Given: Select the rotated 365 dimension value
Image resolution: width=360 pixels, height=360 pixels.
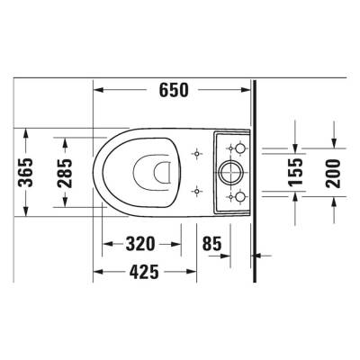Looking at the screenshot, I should pyautogui.click(x=31, y=171).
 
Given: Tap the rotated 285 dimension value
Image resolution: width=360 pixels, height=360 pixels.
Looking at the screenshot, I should pyautogui.click(x=65, y=171).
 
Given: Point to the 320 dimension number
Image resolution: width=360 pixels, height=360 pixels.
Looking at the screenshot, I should pyautogui.click(x=141, y=244).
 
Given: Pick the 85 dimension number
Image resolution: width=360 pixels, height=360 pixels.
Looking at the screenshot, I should pyautogui.click(x=212, y=244).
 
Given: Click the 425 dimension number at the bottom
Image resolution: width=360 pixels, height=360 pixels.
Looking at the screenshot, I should pyautogui.click(x=143, y=272).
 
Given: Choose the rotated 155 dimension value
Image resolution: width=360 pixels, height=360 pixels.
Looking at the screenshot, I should pyautogui.click(x=294, y=171).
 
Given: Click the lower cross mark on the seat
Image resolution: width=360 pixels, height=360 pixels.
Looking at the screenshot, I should pyautogui.click(x=197, y=190).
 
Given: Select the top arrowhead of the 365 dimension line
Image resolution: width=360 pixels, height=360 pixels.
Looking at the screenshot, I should pyautogui.click(x=31, y=132).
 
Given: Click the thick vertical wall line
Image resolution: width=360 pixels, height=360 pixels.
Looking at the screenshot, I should pyautogui.click(x=256, y=171).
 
